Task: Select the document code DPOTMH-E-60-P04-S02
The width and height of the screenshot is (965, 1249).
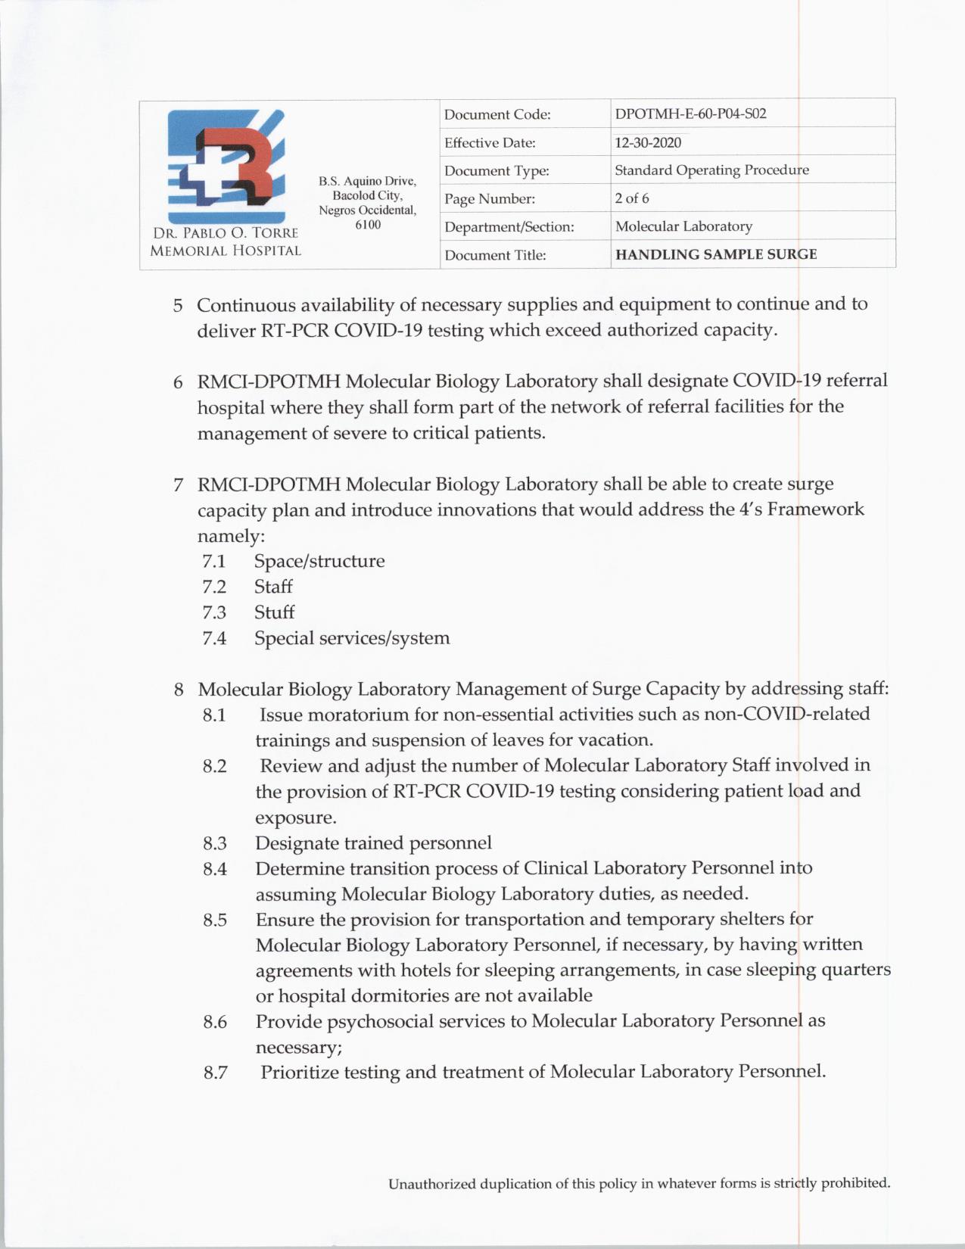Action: click(x=690, y=114)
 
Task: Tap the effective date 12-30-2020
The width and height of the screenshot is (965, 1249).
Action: click(x=647, y=142)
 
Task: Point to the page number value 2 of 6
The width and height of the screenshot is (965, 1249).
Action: click(x=632, y=198)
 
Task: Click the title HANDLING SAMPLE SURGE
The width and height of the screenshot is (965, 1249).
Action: click(x=716, y=254)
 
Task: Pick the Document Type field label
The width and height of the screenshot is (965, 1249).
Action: click(x=497, y=171)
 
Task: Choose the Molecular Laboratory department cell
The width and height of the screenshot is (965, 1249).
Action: click(x=683, y=226)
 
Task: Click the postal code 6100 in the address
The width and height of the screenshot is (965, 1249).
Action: click(x=368, y=225)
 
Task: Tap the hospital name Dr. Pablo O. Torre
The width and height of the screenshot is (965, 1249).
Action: click(x=226, y=233)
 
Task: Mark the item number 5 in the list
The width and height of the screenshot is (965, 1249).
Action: click(x=178, y=306)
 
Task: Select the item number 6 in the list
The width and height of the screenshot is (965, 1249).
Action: click(x=178, y=382)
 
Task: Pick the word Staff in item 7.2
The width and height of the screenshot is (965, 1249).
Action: click(x=273, y=587)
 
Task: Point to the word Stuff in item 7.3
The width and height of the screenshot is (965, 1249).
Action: click(x=274, y=612)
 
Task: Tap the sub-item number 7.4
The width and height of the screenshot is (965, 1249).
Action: click(x=214, y=639)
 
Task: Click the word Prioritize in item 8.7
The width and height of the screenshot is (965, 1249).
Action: click(x=300, y=1073)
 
